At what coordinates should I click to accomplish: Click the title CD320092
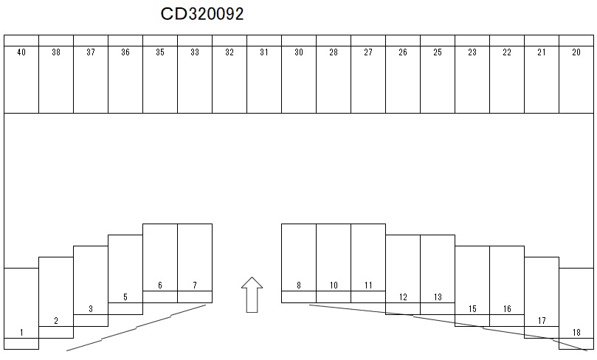[202, 14]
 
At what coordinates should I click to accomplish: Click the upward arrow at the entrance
[252, 294]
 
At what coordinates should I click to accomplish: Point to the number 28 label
[334, 52]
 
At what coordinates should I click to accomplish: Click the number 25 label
[438, 52]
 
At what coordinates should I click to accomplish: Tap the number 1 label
[21, 333]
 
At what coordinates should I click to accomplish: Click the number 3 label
[91, 309]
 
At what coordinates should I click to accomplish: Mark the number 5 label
[125, 297]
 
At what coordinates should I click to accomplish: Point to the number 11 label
[368, 285]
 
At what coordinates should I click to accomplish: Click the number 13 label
[438, 297]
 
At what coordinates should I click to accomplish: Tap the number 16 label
[507, 309]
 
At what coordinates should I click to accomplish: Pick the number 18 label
[576, 333]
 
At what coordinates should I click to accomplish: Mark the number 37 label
[91, 52]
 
